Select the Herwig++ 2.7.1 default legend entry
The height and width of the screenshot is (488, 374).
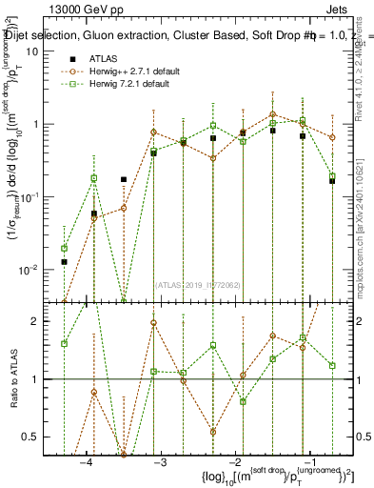[128, 71]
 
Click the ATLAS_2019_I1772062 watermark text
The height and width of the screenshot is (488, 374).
[199, 284]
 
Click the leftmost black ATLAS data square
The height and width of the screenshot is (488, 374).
[65, 261]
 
